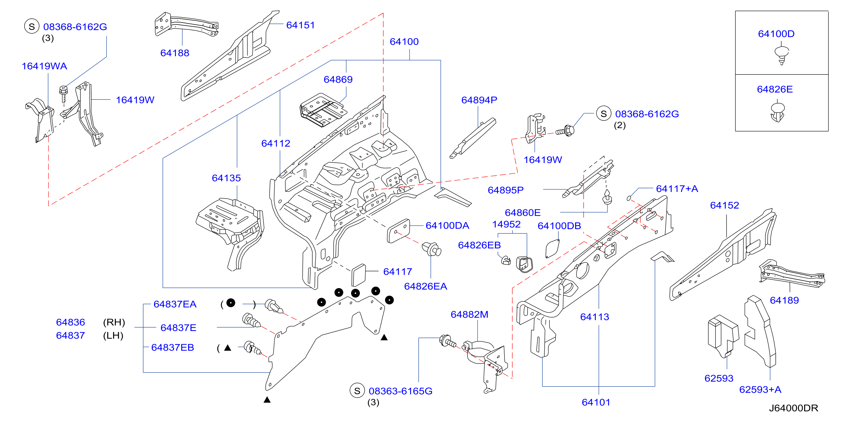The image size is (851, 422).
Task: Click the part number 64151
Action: (300, 25)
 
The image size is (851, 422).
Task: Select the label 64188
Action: (175, 53)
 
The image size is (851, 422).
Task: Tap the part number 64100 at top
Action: (404, 42)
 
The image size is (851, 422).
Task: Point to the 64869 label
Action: (338, 80)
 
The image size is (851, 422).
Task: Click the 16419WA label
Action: (44, 66)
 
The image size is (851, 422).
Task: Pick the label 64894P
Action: (479, 100)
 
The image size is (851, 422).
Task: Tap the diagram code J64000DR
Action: (793, 408)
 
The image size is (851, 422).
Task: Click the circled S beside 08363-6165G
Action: (357, 391)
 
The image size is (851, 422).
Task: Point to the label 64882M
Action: (469, 315)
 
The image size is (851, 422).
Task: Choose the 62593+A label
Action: (760, 390)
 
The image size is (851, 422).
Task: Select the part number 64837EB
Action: (173, 347)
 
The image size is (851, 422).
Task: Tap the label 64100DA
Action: (447, 226)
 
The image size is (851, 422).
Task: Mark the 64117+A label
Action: (677, 189)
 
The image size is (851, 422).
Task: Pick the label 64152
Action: (725, 206)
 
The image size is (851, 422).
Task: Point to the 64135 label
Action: (226, 178)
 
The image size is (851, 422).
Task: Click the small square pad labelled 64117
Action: (359, 275)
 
